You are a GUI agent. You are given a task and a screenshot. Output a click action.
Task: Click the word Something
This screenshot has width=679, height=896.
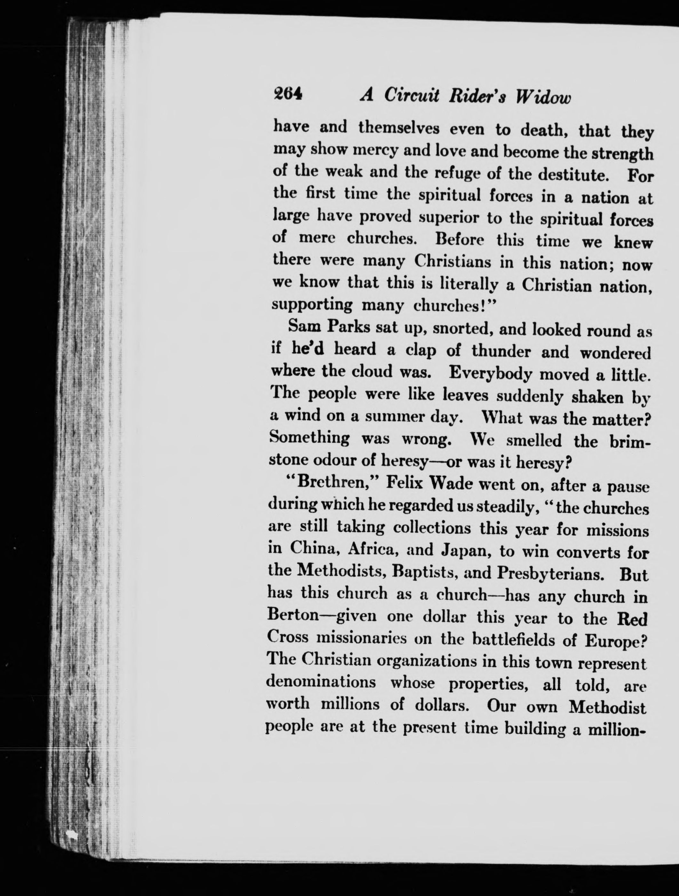[309, 438]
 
